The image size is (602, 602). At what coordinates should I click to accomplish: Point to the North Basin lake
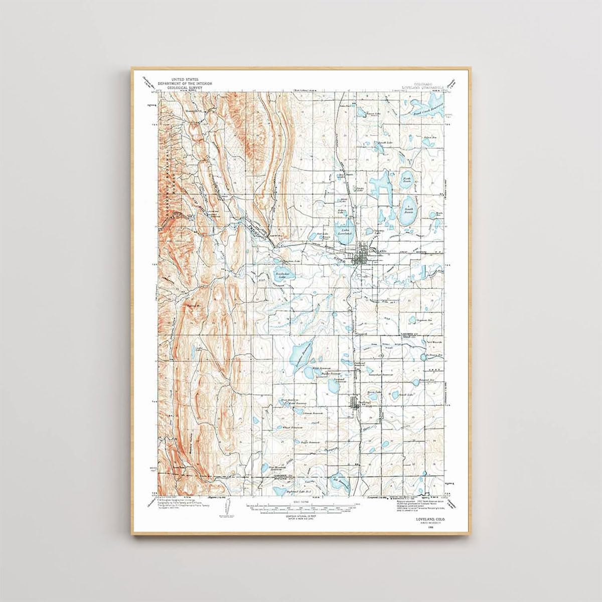(x=406, y=180)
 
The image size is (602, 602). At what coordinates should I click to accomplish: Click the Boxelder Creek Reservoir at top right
(x=424, y=105)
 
